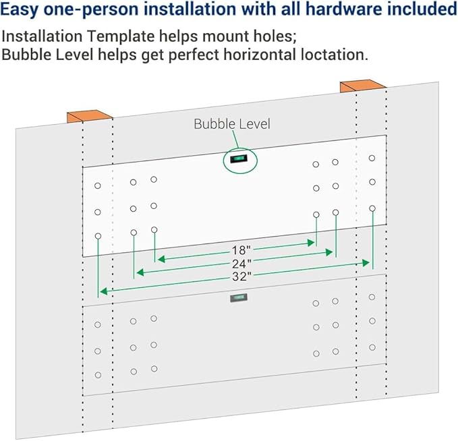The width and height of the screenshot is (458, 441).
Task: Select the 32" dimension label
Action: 241,276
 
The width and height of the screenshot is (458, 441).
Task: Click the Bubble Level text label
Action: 232,123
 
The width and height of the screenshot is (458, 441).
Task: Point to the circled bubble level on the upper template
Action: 240,158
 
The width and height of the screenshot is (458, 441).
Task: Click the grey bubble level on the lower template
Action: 237,298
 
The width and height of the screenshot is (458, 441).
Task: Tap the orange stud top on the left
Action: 89,116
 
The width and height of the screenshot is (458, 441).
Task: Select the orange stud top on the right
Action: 362,86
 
